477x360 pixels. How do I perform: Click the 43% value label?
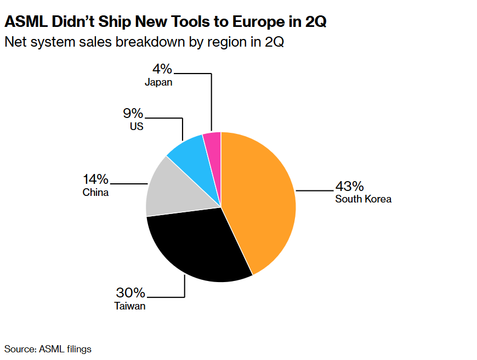(350, 186)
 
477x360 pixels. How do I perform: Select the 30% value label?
(130, 292)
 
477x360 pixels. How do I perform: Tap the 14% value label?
(95, 179)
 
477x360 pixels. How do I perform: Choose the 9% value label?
(133, 113)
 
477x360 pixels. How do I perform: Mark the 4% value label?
(162, 69)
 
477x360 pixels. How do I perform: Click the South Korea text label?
(363, 199)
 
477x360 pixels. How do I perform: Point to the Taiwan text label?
(130, 306)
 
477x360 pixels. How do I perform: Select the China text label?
(95, 192)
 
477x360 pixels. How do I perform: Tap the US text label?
(137, 126)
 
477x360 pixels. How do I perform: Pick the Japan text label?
(158, 82)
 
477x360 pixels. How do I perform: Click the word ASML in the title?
(26, 21)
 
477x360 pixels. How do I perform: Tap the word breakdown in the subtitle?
(150, 42)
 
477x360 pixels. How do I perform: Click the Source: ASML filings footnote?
(48, 348)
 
